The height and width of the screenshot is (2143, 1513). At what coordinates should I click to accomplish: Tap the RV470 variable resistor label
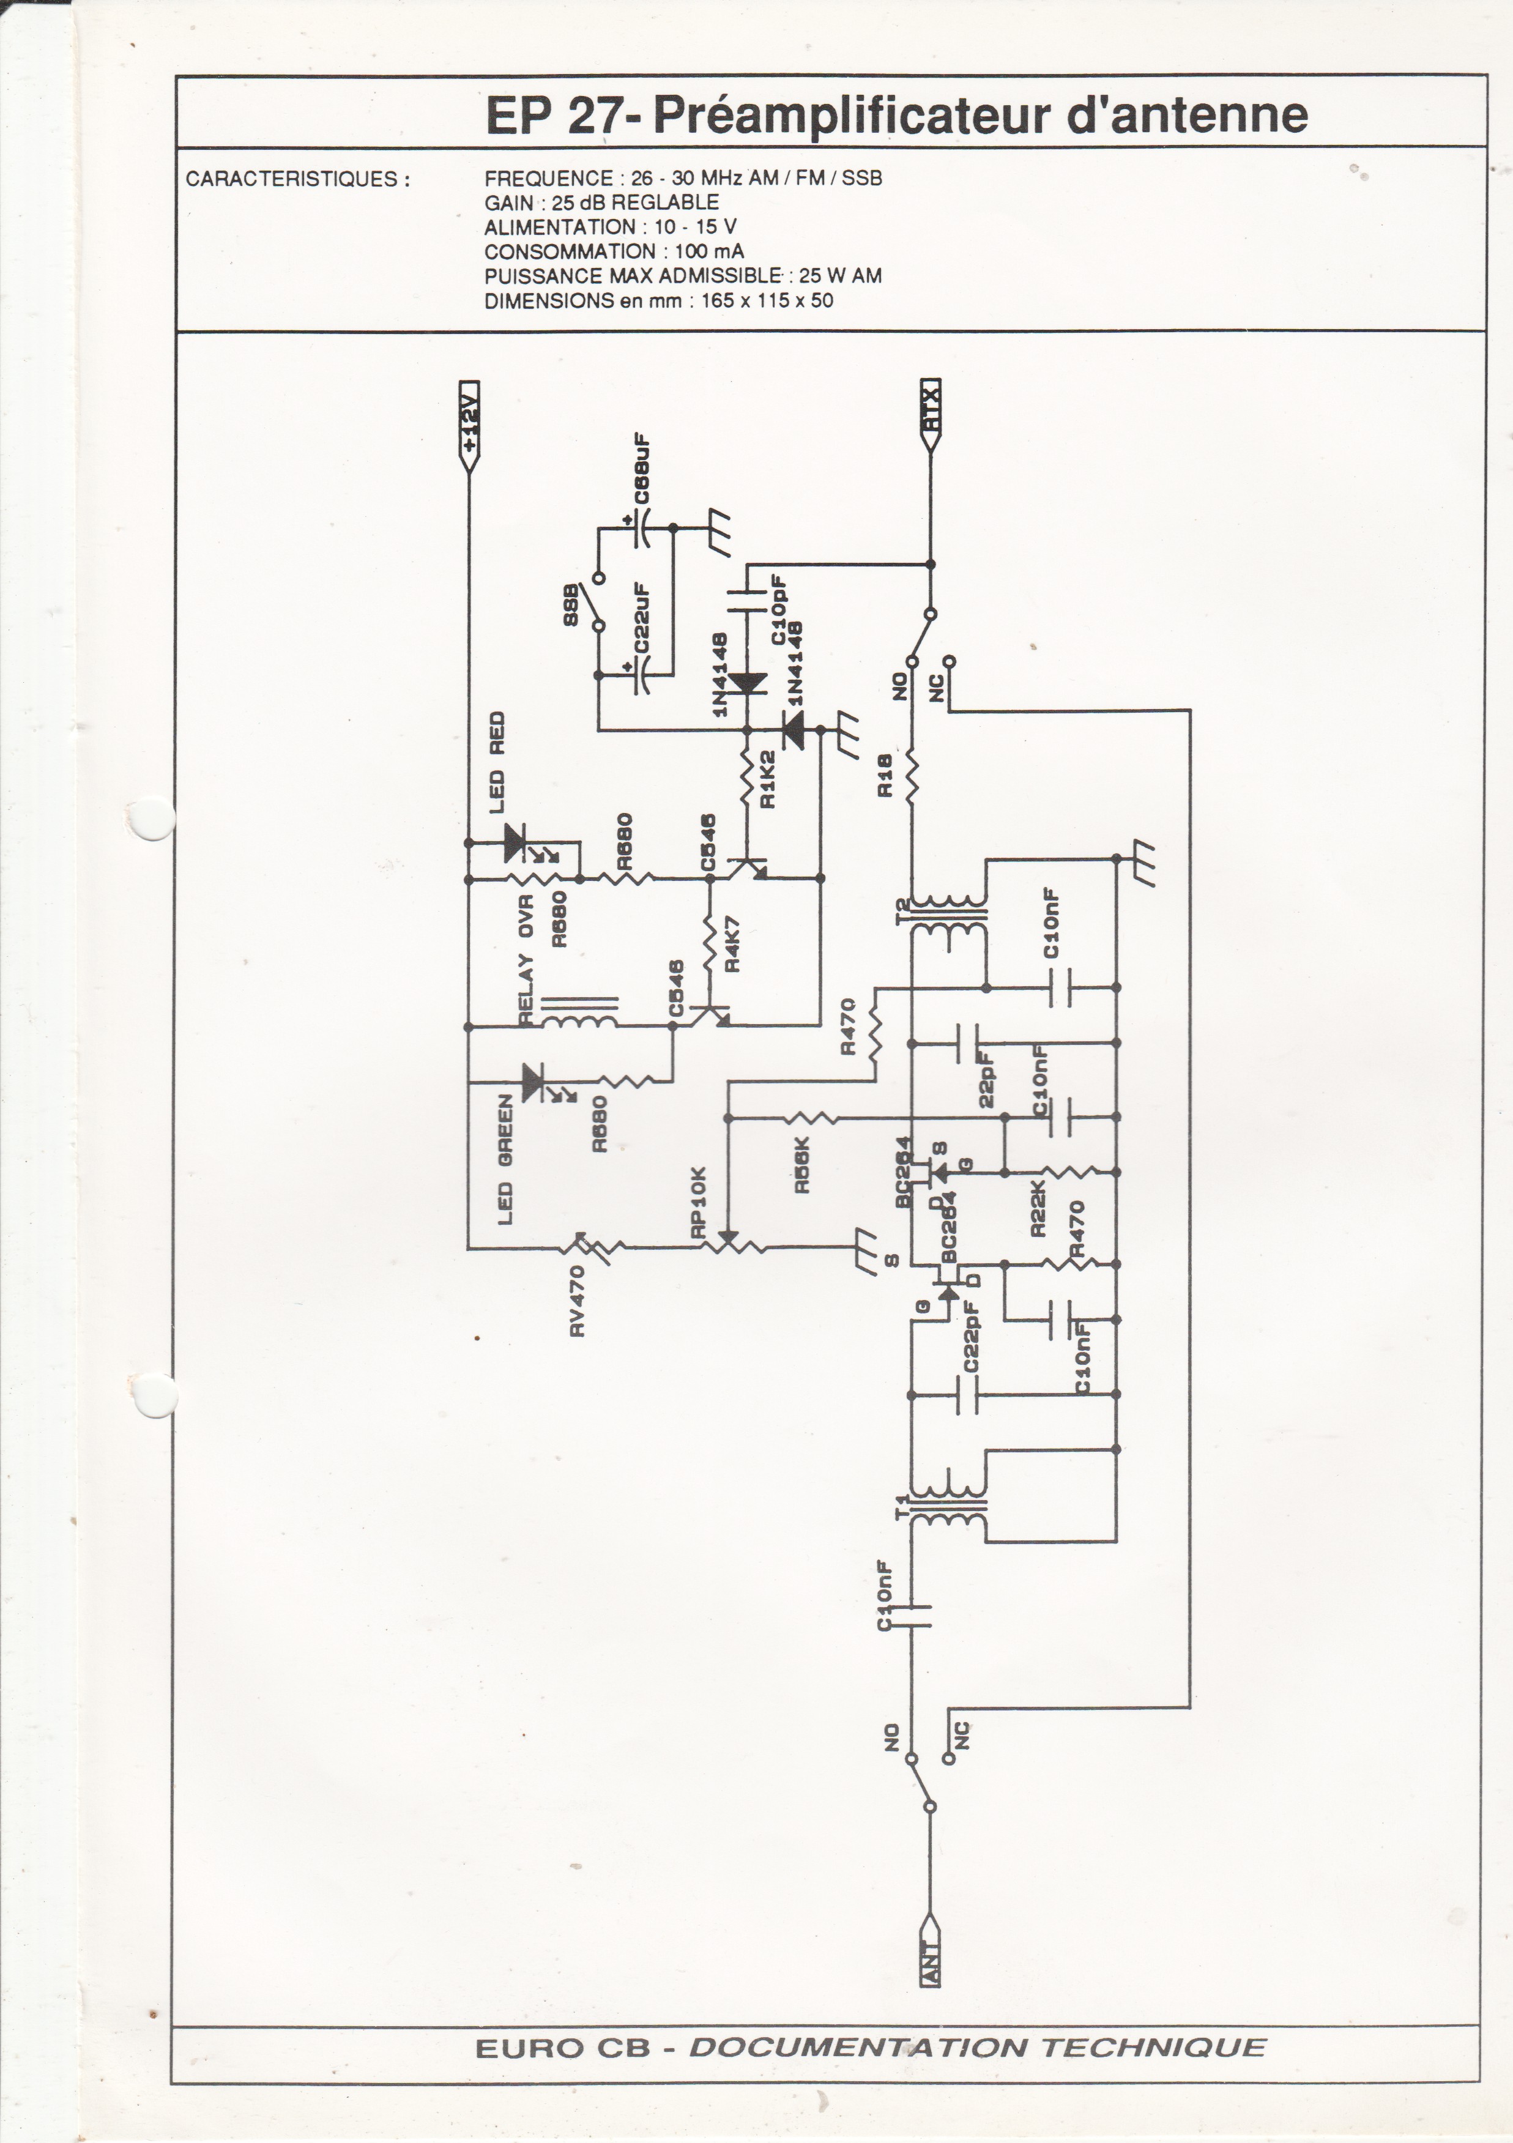[x=577, y=1300]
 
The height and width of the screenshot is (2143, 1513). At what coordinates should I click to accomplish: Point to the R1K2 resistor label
[x=769, y=779]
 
